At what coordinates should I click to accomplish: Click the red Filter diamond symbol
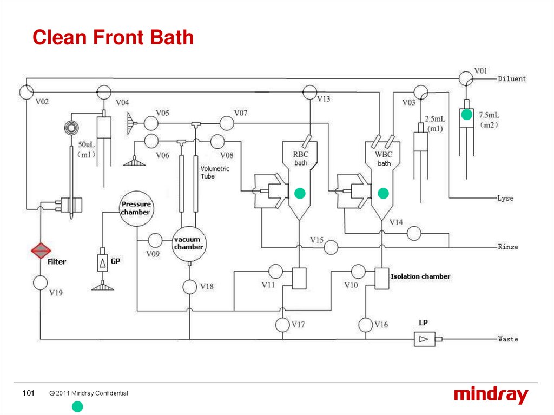41,251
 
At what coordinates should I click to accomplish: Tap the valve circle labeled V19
41,282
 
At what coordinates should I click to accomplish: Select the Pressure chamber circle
135,208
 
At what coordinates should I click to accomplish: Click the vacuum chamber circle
188,243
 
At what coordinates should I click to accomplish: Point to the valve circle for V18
189,287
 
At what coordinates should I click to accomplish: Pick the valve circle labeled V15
331,247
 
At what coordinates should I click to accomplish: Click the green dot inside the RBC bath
299,193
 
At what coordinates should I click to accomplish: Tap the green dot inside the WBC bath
384,193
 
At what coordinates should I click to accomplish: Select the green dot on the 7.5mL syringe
466,115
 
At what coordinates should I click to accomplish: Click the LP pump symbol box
423,339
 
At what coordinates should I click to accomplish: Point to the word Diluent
511,79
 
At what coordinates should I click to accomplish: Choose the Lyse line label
505,199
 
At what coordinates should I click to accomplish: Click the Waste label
508,339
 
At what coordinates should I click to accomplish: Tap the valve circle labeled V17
282,325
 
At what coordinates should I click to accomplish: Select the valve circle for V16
366,325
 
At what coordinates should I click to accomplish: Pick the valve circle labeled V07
227,123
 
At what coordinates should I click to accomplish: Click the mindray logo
490,396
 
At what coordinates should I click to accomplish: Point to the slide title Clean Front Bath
113,38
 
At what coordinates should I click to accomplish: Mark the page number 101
28,393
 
